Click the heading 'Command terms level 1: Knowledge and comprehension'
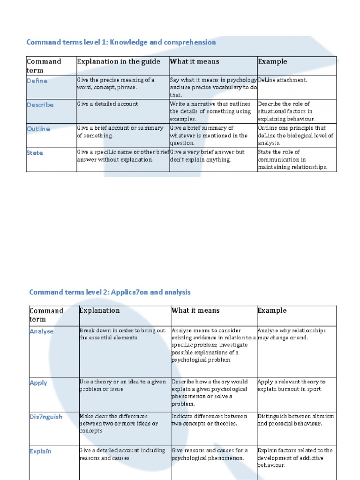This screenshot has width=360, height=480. click(121, 42)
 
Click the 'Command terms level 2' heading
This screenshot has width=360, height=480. click(110, 292)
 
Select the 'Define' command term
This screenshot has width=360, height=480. click(37, 81)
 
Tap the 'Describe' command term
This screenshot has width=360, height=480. click(40, 105)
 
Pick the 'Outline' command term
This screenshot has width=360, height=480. click(38, 128)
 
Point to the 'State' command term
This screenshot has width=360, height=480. click(35, 153)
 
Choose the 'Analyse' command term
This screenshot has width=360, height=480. click(42, 331)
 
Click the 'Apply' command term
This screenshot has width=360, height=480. click(38, 382)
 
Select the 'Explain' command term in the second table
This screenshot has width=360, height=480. click(40, 451)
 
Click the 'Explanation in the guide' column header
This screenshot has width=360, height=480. click(119, 61)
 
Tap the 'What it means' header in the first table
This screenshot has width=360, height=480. click(195, 61)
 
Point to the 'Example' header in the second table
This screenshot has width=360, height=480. click(272, 310)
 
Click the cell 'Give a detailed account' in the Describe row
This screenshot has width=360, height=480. click(108, 104)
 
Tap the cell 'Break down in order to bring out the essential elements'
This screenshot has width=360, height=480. click(122, 334)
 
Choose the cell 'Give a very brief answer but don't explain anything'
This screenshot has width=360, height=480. click(208, 156)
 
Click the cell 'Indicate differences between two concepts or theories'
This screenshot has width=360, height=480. click(209, 420)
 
